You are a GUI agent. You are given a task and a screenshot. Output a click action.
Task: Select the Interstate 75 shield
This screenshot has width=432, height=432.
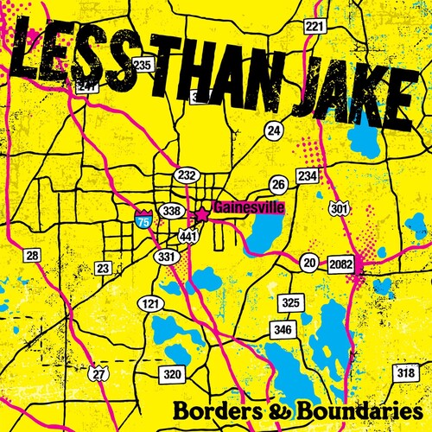pyautogui.click(x=143, y=218)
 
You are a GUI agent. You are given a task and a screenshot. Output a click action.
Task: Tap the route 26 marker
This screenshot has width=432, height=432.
pyautogui.click(x=278, y=184)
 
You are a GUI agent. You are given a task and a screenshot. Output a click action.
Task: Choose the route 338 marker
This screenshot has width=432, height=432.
pyautogui.click(x=172, y=210)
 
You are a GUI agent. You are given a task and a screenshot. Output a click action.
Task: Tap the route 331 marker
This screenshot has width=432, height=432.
pyautogui.click(x=166, y=257)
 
